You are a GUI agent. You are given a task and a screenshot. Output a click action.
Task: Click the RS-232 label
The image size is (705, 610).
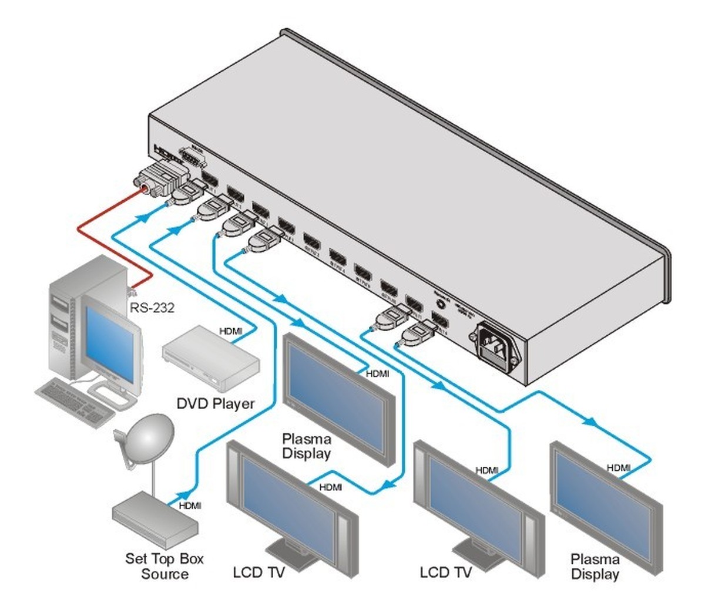tap(152, 306)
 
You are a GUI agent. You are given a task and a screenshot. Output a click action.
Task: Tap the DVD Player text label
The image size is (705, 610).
tap(216, 403)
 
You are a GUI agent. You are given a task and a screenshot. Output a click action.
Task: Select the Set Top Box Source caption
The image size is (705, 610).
tap(164, 566)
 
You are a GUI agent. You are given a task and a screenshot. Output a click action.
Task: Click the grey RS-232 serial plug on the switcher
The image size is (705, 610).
tap(161, 178)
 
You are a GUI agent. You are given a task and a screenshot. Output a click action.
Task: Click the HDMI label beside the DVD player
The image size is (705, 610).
tap(230, 332)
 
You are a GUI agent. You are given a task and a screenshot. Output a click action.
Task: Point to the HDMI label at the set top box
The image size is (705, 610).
tap(190, 505)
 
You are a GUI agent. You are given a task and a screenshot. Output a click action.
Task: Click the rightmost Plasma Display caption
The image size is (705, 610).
tap(595, 567)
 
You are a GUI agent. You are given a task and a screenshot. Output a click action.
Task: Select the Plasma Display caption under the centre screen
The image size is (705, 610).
tap(307, 446)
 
